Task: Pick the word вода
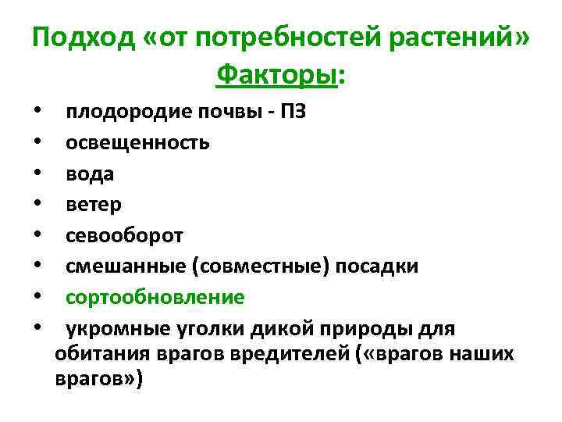90,173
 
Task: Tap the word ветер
94,205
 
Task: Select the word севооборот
124,235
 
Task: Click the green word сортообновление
155,298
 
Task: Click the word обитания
100,354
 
